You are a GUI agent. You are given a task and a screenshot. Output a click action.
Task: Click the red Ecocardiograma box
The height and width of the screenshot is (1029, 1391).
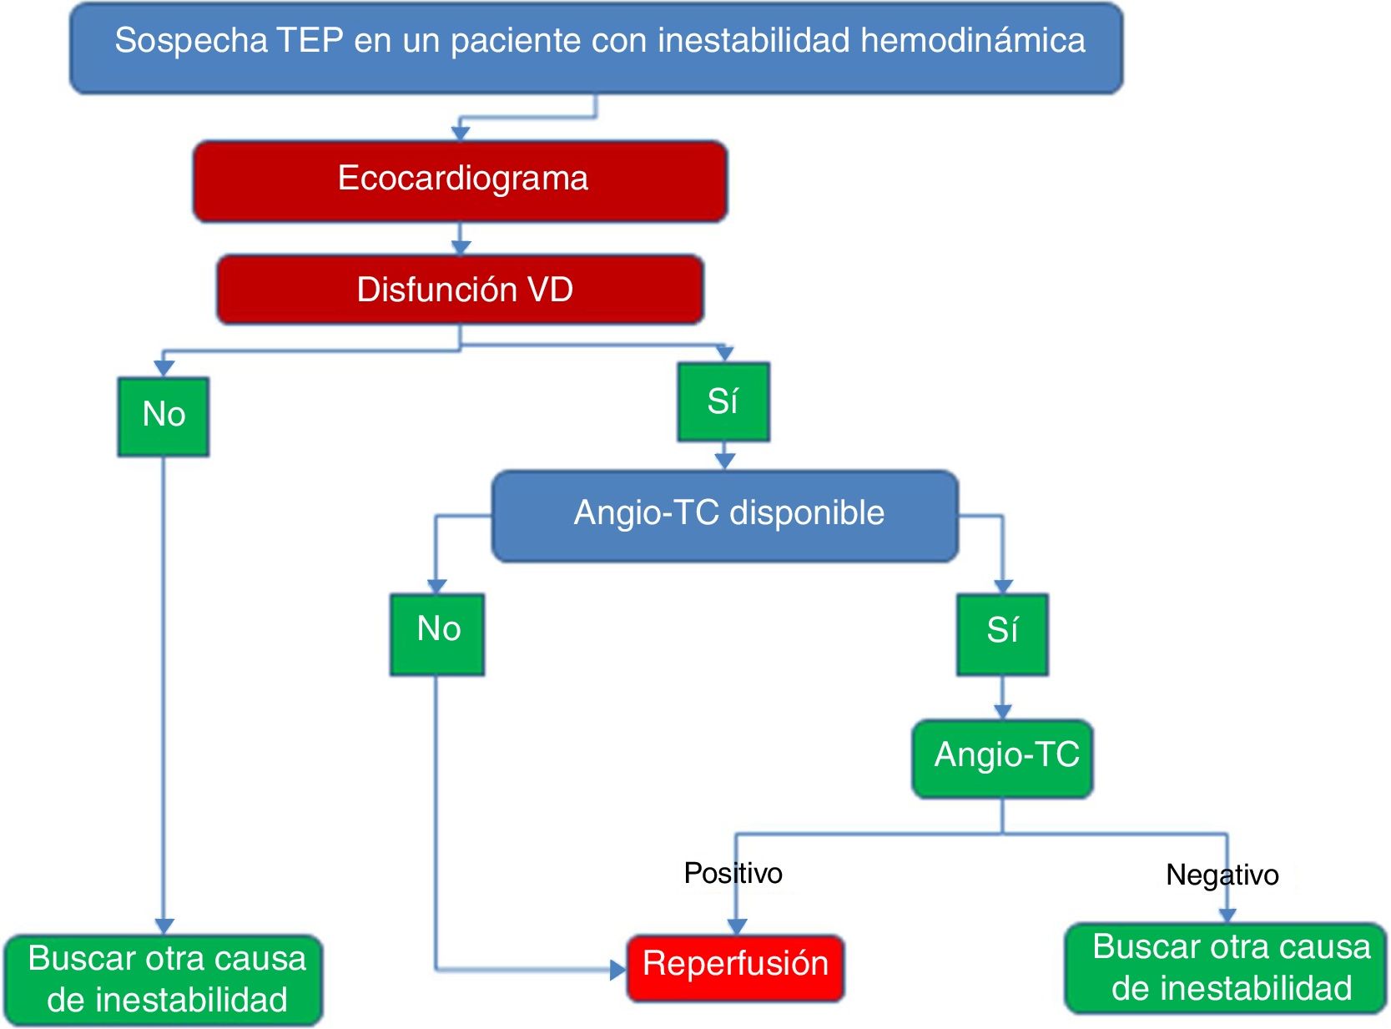pyautogui.click(x=461, y=180)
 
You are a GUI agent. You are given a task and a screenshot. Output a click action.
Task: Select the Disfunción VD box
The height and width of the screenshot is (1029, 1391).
pyautogui.click(x=461, y=290)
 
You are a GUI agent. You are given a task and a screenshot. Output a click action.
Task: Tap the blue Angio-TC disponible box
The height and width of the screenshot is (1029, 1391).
pyautogui.click(x=725, y=515)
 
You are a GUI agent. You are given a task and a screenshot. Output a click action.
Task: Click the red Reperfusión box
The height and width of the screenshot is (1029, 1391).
pyautogui.click(x=735, y=966)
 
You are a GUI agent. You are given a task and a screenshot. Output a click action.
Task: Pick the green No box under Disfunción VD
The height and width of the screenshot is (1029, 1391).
pyautogui.click(x=164, y=416)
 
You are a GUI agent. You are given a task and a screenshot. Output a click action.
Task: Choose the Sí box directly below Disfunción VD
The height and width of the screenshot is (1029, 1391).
pyautogui.click(x=723, y=401)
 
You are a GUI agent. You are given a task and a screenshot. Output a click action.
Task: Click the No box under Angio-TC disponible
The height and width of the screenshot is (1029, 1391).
pyautogui.click(x=437, y=633)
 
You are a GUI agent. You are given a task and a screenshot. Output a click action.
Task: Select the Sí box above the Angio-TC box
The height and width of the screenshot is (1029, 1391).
pyautogui.click(x=1002, y=633)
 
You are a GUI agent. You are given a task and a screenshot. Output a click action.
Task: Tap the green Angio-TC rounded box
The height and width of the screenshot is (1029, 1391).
pyautogui.click(x=1003, y=757)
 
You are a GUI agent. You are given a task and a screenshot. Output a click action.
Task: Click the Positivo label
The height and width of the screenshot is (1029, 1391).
pyautogui.click(x=733, y=873)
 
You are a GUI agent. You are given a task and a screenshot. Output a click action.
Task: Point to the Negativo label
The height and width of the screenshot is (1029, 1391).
pyautogui.click(x=1222, y=875)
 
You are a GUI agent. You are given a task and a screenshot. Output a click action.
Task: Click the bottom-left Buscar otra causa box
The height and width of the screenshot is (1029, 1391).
pyautogui.click(x=164, y=979)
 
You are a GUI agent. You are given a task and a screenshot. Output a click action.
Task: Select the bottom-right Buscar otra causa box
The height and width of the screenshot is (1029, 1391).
pyautogui.click(x=1227, y=968)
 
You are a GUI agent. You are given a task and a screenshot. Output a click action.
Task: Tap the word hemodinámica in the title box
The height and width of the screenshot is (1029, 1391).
pyautogui.click(x=973, y=41)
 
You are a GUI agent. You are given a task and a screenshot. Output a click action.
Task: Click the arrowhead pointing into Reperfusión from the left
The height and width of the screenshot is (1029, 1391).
pyautogui.click(x=618, y=969)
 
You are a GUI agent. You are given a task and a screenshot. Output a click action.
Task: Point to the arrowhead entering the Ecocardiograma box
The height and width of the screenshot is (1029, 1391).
pyautogui.click(x=461, y=133)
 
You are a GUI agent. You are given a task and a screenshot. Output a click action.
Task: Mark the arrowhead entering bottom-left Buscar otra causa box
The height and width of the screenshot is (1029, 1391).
pyautogui.click(x=164, y=926)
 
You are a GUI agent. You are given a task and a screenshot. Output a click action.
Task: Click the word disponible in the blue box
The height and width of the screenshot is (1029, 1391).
pyautogui.click(x=807, y=513)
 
